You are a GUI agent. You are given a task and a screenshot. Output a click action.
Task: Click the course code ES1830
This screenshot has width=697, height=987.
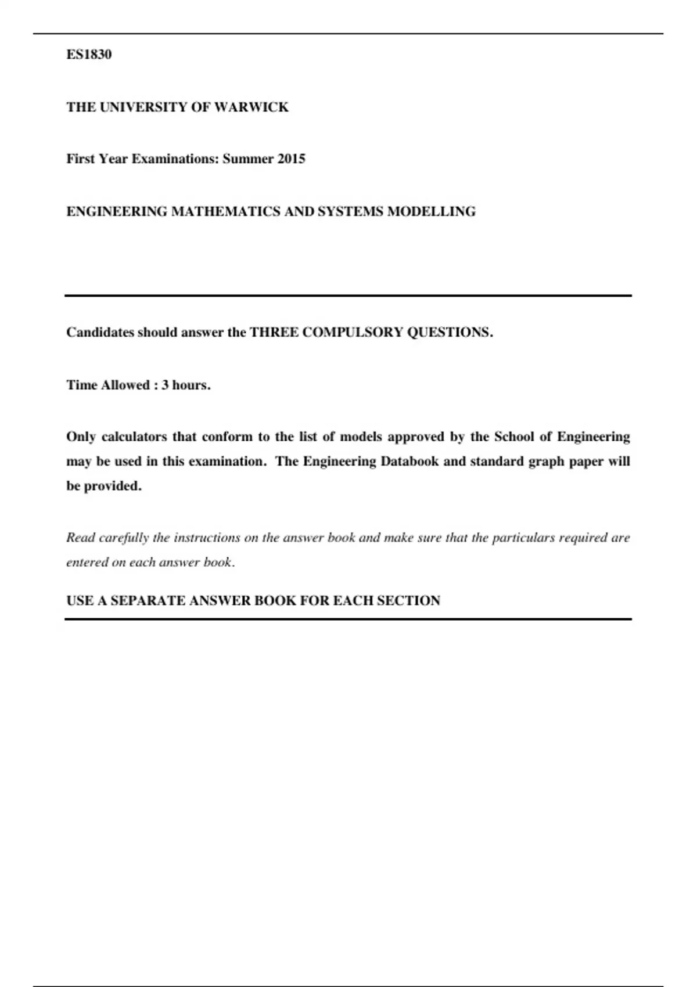89,55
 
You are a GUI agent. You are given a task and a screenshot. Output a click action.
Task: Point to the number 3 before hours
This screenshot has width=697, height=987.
165,386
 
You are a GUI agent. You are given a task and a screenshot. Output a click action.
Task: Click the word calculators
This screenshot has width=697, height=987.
134,437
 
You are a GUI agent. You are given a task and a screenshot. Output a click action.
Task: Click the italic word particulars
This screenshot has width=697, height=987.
523,538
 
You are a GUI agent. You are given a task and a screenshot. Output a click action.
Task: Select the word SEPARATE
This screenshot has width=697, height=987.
148,601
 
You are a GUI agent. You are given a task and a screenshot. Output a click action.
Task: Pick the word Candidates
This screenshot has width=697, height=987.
100,333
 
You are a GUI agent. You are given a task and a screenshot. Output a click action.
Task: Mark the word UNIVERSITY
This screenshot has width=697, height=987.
142,107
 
